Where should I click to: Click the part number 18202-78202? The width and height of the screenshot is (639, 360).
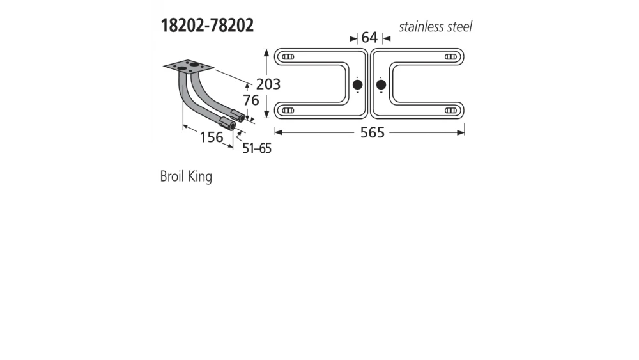click(x=206, y=26)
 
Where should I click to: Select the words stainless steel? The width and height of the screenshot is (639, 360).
click(x=435, y=27)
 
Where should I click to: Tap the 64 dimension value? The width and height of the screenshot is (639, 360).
click(x=369, y=38)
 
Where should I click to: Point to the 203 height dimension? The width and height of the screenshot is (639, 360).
click(x=268, y=84)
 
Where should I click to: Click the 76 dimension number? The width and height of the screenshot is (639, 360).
click(x=250, y=100)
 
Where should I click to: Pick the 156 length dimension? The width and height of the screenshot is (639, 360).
click(x=211, y=137)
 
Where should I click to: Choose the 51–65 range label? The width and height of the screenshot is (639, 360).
click(x=257, y=148)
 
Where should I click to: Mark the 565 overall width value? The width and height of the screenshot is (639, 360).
click(x=372, y=133)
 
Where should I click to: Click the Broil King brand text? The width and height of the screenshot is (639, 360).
click(x=186, y=176)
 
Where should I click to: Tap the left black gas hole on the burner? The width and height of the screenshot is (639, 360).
click(x=357, y=84)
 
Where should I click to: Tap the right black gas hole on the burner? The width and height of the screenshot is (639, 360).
click(x=381, y=84)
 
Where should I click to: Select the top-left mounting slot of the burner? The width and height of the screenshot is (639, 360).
click(x=288, y=57)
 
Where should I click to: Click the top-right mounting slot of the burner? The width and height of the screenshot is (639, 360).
click(x=450, y=57)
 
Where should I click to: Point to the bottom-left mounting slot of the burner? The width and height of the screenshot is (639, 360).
click(x=288, y=111)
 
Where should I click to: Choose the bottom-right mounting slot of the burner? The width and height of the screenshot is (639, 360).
click(x=450, y=111)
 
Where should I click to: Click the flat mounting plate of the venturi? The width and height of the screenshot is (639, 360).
click(x=188, y=66)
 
